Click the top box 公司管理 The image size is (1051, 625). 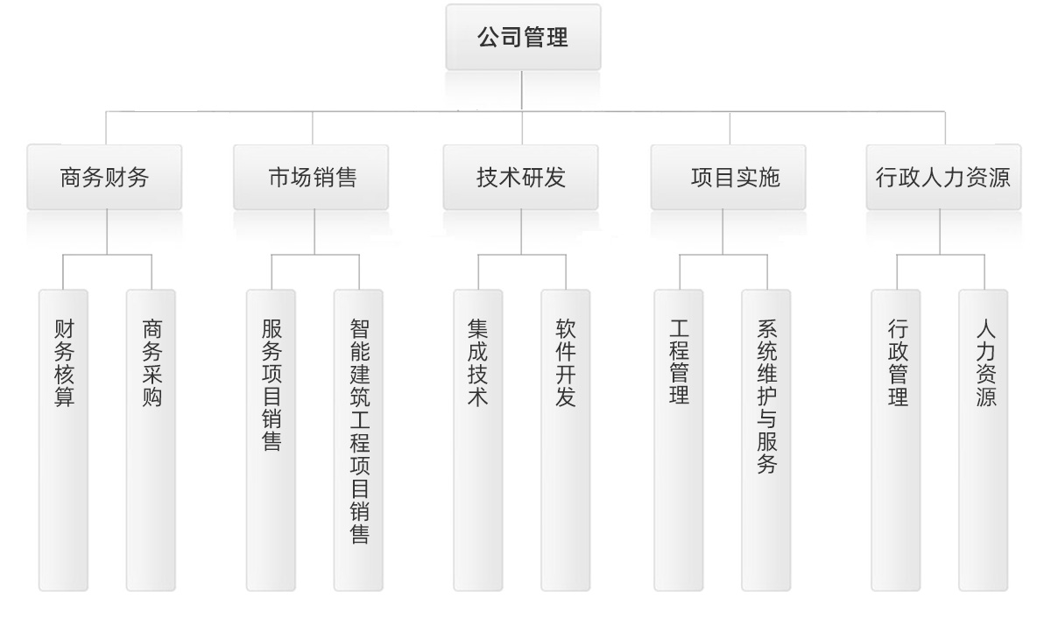523,38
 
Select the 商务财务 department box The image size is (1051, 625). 104,178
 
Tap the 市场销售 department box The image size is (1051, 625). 312,178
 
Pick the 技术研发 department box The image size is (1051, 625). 521,178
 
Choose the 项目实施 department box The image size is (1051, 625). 729,178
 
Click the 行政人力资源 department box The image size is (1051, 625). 943,178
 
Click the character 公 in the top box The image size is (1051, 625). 489,38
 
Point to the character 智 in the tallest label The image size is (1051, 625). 358,329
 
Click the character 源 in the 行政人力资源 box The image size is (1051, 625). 1000,178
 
